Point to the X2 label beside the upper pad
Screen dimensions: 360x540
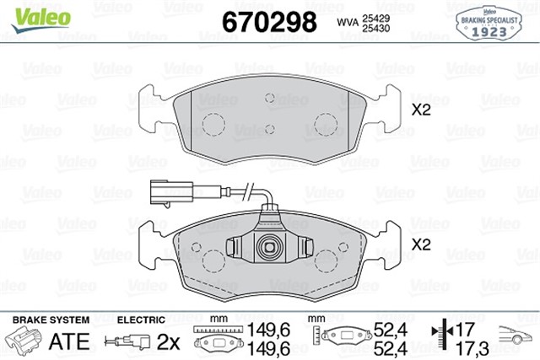[421, 110]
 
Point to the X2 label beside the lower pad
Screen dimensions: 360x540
[421, 247]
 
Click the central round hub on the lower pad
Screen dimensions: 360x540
[270, 247]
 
